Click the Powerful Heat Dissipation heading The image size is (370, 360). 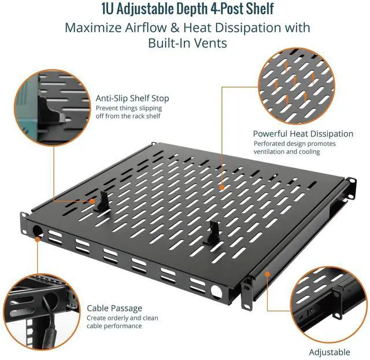303,134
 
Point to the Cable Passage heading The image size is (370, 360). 114,308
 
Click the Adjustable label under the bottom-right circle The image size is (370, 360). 329,352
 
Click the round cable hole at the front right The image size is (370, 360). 217,290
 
